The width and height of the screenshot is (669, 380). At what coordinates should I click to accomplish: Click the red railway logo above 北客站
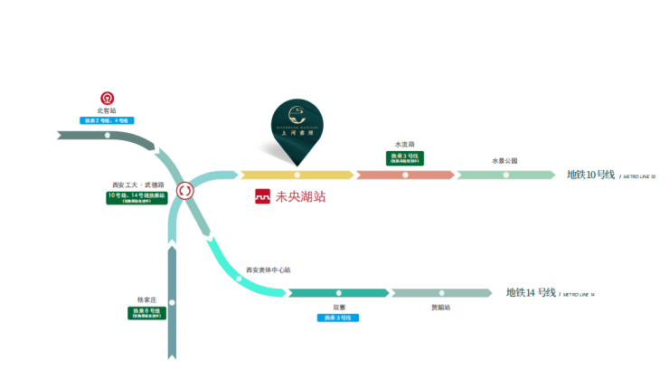point(107,98)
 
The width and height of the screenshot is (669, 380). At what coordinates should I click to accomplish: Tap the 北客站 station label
point(108,110)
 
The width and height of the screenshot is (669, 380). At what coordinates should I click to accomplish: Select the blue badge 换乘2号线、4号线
point(108,120)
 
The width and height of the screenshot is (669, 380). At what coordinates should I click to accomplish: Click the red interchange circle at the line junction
point(185,191)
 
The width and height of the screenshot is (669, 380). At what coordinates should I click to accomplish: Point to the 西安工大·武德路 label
point(137,185)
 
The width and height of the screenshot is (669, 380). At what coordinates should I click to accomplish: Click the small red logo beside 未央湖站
point(262,195)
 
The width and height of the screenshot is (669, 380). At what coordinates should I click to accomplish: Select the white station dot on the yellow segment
point(297,175)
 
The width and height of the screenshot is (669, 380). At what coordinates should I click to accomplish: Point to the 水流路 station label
point(404,145)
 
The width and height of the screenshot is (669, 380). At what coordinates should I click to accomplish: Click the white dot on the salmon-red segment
point(405,175)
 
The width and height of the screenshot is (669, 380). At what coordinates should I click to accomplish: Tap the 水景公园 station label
point(504,161)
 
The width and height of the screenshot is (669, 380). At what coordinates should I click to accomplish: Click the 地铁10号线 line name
point(590,175)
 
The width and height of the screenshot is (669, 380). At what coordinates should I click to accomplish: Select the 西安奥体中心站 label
point(269,270)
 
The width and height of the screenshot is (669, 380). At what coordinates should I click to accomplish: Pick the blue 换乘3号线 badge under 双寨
point(339,318)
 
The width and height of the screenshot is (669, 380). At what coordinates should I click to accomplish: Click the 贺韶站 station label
point(441,308)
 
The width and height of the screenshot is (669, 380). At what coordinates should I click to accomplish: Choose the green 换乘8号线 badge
point(147,312)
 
